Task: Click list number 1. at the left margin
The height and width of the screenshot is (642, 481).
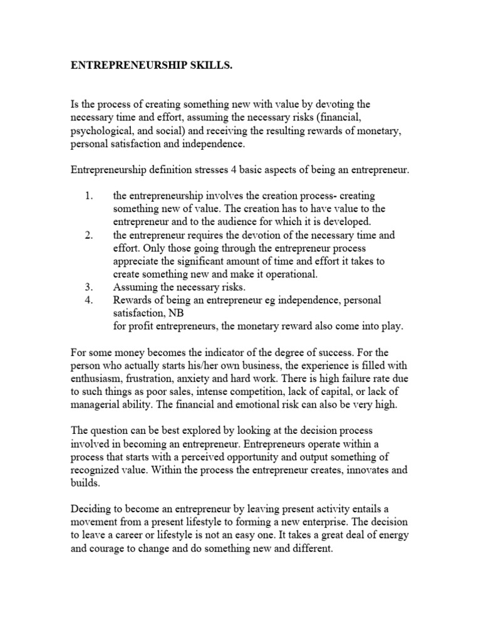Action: click(x=89, y=196)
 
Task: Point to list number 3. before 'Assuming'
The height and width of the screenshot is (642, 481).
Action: click(x=89, y=287)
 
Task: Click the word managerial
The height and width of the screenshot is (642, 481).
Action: click(x=95, y=405)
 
